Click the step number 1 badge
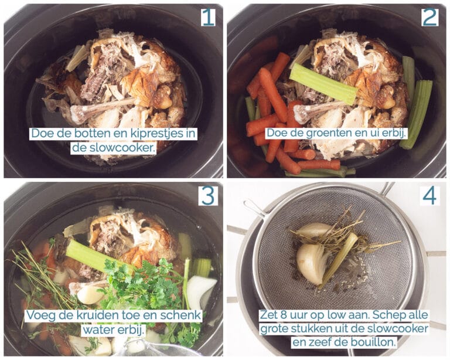coord(208,17)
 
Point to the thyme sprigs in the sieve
coord(337,237)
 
